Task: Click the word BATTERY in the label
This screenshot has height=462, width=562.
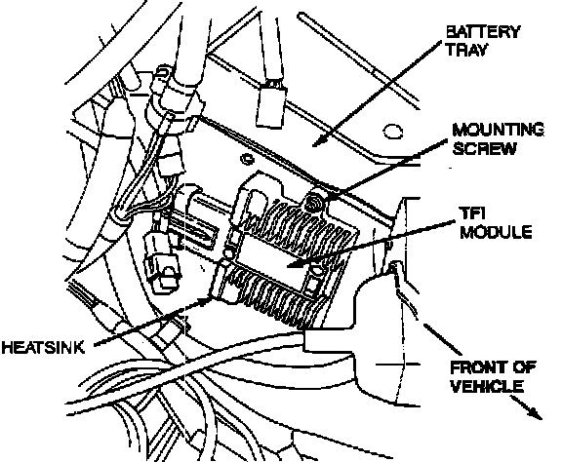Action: click(482, 32)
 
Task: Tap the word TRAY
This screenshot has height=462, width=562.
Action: click(466, 50)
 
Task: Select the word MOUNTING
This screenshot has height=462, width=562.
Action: click(498, 130)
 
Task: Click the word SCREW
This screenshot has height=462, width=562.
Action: click(484, 148)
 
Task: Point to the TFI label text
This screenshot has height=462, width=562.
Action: click(472, 213)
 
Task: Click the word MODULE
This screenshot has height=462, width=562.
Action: click(496, 232)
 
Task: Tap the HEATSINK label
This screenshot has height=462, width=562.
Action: click(43, 347)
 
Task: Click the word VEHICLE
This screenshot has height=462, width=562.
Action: click(487, 386)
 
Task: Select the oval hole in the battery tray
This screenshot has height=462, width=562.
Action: click(392, 131)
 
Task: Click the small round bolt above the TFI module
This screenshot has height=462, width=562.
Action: click(246, 158)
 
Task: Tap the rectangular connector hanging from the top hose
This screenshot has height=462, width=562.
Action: click(271, 106)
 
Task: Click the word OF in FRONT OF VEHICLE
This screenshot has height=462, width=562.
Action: click(524, 367)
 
